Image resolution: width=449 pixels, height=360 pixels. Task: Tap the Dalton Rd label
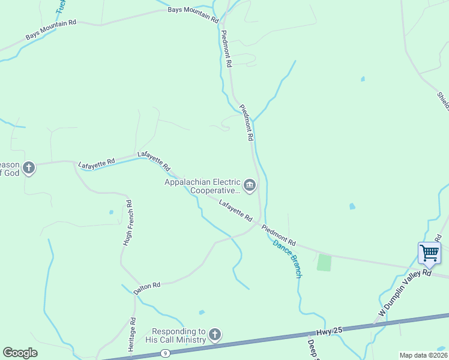point(147,287)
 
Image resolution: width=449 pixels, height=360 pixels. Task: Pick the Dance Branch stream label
point(288,259)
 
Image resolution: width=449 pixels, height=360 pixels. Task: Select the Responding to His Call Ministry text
point(178,335)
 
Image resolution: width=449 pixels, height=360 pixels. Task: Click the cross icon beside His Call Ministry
point(215,335)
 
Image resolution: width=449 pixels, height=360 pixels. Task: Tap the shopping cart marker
point(429,253)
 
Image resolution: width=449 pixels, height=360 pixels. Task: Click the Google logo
point(20,353)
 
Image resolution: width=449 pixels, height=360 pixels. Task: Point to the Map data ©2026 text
point(423,355)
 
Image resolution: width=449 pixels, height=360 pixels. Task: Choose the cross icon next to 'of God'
point(28,167)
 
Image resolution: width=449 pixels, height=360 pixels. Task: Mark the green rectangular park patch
point(324,263)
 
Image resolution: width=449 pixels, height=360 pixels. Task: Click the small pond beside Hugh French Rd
point(111,212)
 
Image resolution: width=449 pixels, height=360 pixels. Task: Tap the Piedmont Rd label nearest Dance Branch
point(279,234)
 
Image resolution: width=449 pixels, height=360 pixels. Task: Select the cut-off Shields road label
point(443,100)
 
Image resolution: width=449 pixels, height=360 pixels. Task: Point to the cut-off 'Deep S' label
point(312,350)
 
